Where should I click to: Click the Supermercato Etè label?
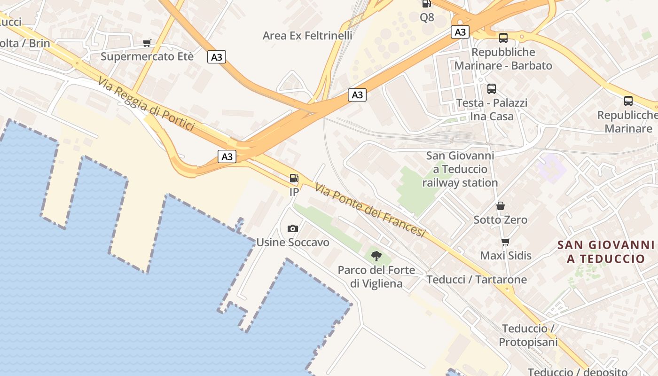click(147, 57)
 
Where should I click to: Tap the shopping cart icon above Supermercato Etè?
click(147, 44)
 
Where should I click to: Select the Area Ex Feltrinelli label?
click(307, 36)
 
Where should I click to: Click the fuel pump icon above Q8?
click(426, 4)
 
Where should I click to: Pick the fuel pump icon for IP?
click(294, 178)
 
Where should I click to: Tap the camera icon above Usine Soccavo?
click(292, 228)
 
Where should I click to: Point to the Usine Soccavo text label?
click(292, 243)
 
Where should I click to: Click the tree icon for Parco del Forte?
click(376, 256)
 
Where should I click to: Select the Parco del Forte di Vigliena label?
click(376, 277)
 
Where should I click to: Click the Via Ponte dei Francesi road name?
click(370, 210)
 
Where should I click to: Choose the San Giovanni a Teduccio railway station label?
click(460, 169)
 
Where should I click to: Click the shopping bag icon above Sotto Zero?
click(501, 206)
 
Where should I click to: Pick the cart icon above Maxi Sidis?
click(505, 242)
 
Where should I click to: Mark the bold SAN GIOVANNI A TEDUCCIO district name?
click(606, 251)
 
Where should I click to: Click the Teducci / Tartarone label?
click(477, 280)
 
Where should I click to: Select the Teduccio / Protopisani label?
click(528, 335)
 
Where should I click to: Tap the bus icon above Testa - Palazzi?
click(492, 88)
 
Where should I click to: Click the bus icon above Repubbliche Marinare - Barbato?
click(503, 38)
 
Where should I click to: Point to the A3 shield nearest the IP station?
click(227, 157)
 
